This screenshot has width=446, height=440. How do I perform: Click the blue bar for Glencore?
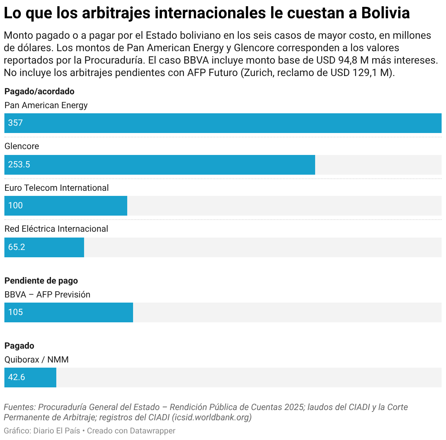[x=160, y=165]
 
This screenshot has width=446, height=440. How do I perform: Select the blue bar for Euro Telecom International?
[x=66, y=206]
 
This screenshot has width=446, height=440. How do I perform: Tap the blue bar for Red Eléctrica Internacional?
[x=44, y=247]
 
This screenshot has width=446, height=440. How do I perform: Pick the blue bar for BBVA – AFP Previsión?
[x=69, y=312]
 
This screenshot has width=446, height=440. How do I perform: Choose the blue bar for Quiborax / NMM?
[x=30, y=377]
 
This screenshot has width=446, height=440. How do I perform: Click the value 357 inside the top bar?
[x=15, y=123]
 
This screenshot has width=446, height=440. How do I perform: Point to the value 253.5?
[x=19, y=164]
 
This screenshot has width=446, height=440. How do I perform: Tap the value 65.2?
[x=16, y=247]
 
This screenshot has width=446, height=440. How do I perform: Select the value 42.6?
[x=16, y=377]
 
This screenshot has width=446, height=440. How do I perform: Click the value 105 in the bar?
[x=15, y=312]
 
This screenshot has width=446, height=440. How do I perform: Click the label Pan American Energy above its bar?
[x=46, y=106]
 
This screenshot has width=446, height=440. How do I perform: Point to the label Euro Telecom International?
[x=56, y=188]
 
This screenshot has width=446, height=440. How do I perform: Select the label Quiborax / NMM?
[x=37, y=360]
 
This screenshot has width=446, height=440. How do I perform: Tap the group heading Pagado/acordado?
[x=39, y=92]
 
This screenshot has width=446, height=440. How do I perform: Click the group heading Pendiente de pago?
[x=41, y=281]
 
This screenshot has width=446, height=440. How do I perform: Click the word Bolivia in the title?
[x=386, y=13]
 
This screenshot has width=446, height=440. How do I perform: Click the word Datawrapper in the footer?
[x=152, y=431]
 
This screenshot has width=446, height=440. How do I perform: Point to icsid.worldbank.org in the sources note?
[x=212, y=418]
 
